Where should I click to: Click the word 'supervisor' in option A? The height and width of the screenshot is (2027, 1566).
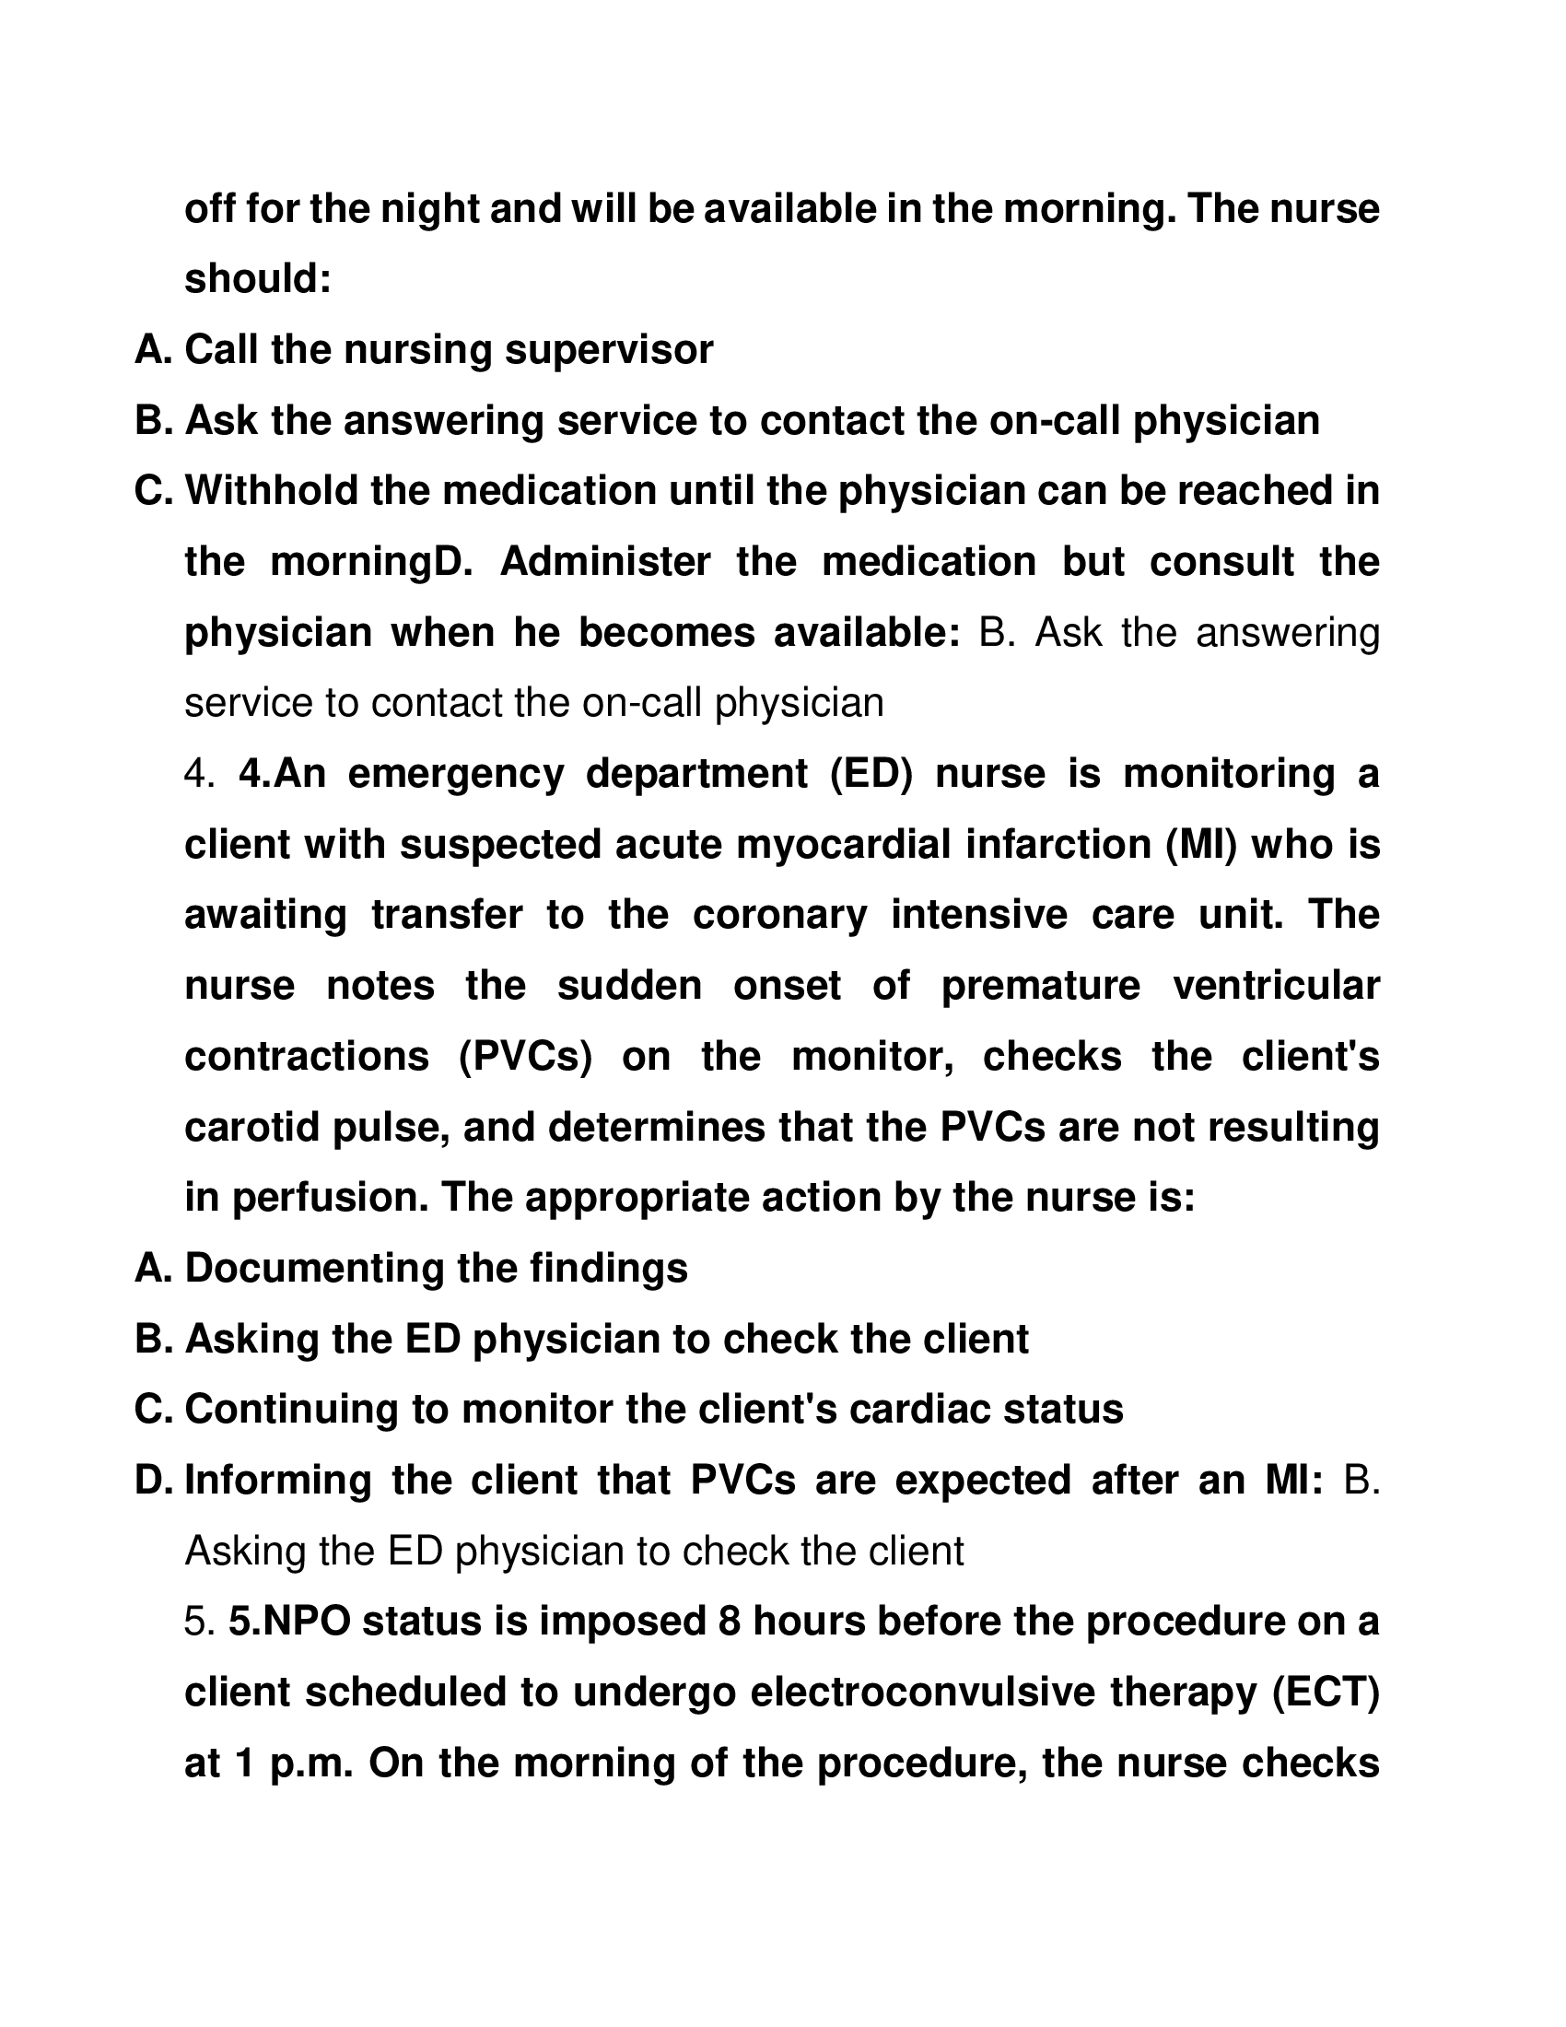(609, 350)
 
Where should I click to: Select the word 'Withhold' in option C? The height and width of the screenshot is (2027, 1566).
(268, 491)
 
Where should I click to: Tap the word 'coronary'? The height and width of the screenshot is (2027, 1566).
(779, 915)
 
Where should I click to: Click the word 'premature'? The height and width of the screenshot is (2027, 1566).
(1041, 986)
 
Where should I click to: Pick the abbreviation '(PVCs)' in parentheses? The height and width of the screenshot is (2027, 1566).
(525, 1056)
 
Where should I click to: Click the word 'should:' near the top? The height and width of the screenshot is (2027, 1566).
(257, 279)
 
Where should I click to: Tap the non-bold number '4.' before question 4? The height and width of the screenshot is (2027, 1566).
(200, 774)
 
